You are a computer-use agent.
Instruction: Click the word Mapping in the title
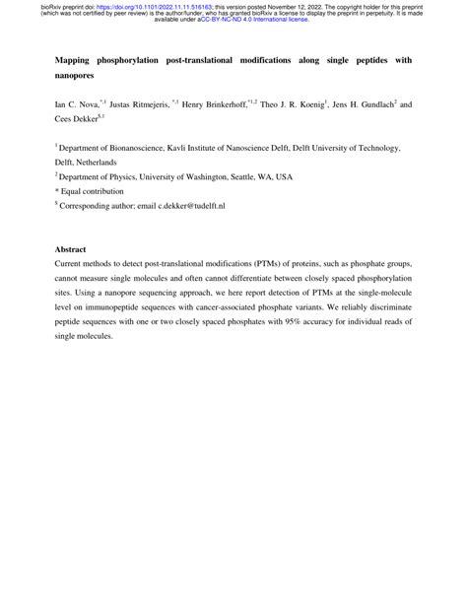pos(77,60)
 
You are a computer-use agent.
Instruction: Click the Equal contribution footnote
pos(93,191)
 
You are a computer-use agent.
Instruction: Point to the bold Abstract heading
pos(72,249)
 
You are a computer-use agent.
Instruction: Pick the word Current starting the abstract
pos(71,264)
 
